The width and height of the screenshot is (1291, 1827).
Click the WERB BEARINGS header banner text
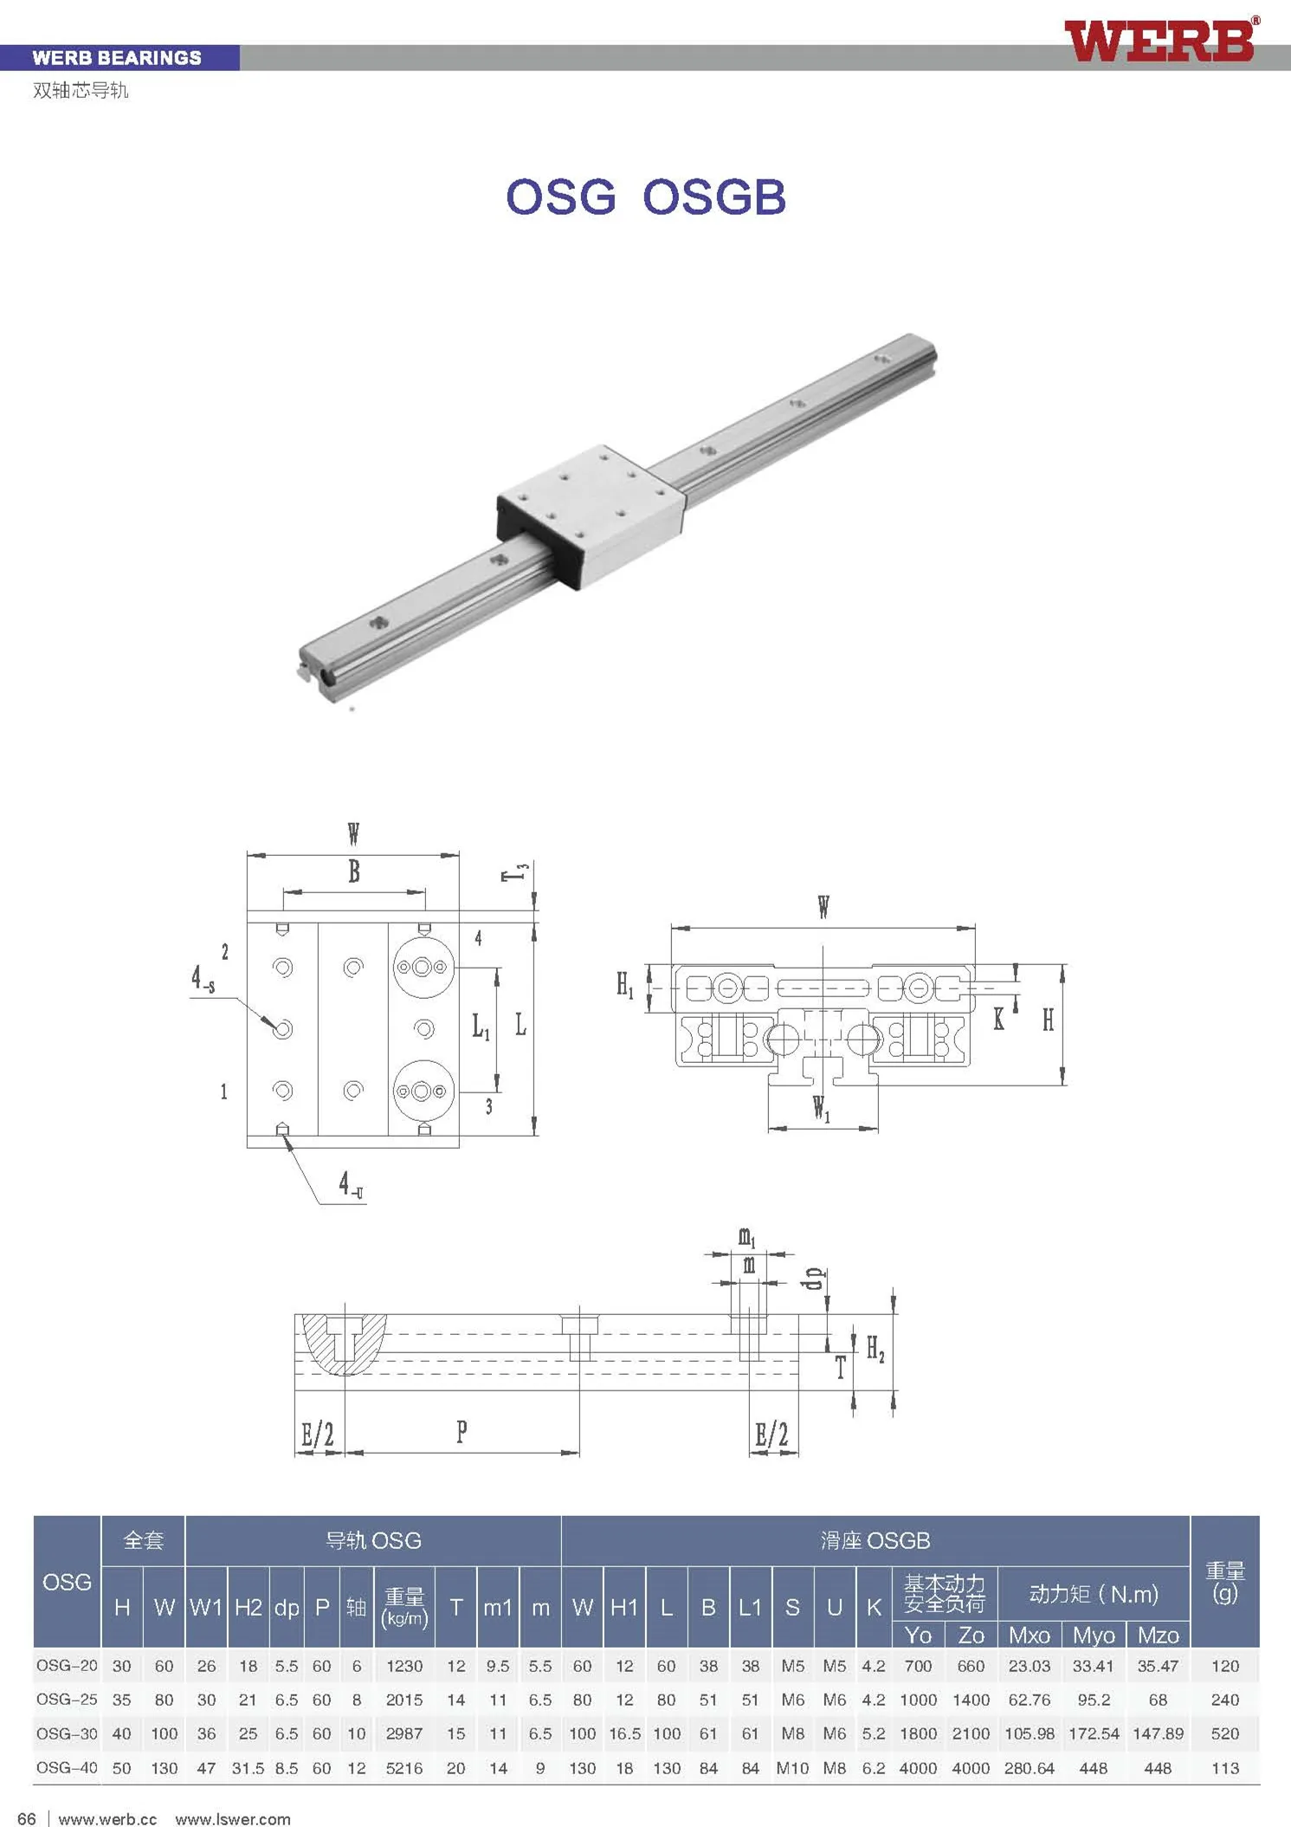click(117, 58)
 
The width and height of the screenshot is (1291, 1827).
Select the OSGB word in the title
click(714, 197)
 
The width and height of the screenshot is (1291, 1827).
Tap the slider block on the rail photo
click(591, 516)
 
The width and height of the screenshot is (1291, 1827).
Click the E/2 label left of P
click(317, 1434)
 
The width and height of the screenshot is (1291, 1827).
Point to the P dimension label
click(462, 1431)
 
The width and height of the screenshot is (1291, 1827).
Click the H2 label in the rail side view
click(875, 1348)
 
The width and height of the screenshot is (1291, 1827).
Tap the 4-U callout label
click(351, 1185)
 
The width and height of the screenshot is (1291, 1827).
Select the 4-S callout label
click(203, 979)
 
